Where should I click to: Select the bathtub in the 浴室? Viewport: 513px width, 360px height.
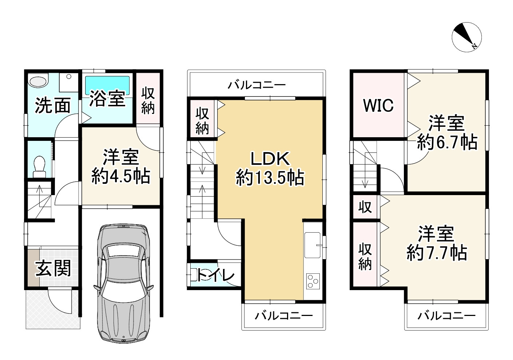[x=107, y=85]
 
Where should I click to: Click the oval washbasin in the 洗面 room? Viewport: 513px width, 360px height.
[x=38, y=81]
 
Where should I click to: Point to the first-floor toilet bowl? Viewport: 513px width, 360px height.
[x=39, y=166]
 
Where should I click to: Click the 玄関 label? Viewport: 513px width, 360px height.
[x=53, y=268]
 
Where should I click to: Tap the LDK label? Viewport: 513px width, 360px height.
[x=270, y=159]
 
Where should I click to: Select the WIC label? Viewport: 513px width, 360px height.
[x=378, y=106]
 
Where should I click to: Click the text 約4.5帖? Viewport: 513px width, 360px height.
[x=121, y=176]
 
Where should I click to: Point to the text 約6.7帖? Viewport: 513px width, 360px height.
[x=447, y=142]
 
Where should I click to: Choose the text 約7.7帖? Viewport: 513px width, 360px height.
[x=437, y=253]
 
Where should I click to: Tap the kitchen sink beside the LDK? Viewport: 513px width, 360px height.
[x=313, y=245]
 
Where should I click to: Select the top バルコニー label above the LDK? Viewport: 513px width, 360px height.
[x=256, y=85]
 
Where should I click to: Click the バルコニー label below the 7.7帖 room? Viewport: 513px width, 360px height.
[x=446, y=316]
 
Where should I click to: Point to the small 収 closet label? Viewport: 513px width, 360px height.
[x=365, y=207]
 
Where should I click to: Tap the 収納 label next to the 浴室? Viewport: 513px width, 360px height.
[x=148, y=100]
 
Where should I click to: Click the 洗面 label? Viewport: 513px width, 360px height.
[x=53, y=106]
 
